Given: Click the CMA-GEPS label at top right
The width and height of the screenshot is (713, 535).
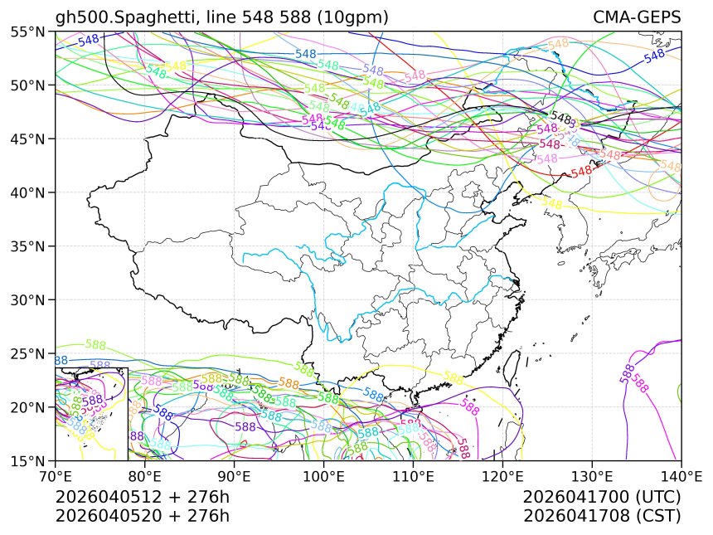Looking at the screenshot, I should (x=637, y=17).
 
